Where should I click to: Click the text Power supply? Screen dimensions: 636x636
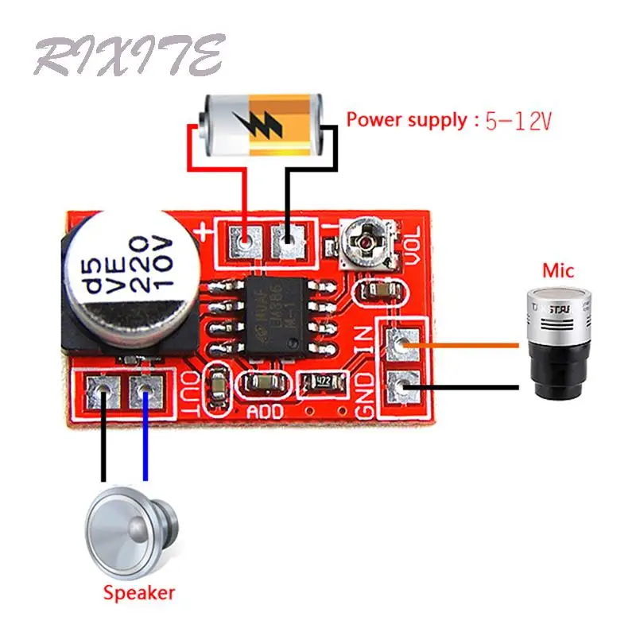click(x=406, y=121)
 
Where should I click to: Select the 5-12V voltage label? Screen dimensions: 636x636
click(x=518, y=122)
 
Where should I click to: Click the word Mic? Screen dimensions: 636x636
click(x=557, y=270)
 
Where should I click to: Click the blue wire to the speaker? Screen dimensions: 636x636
click(x=145, y=437)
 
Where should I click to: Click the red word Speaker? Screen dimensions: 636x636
click(x=138, y=592)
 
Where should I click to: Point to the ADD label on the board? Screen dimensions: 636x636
click(x=265, y=412)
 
